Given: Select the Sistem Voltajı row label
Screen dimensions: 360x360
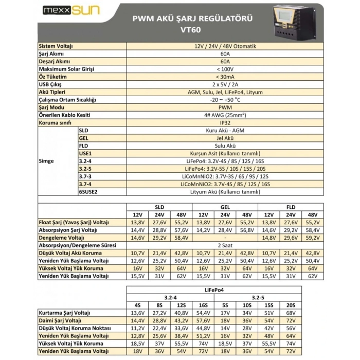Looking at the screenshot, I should click(x=56, y=46).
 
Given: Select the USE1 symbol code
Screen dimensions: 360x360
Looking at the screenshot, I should click(x=85, y=153).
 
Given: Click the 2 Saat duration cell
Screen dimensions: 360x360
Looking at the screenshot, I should click(x=225, y=246).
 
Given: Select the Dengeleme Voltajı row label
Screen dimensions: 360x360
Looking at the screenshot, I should click(x=61, y=238).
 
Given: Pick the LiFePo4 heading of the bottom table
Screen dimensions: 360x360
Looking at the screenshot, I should click(x=225, y=290).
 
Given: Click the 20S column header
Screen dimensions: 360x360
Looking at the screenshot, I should click(x=310, y=305).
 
